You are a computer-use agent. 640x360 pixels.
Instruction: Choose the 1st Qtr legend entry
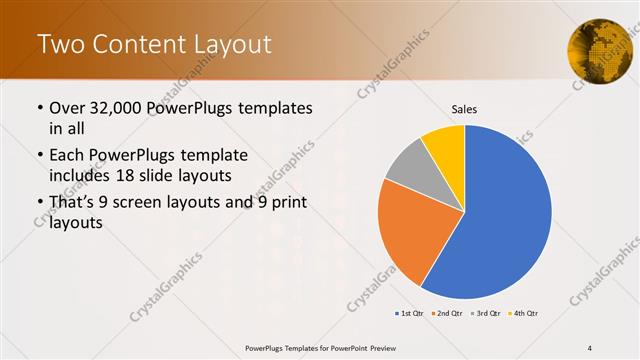coord(408,314)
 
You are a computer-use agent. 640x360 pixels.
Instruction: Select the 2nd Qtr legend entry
coord(445,314)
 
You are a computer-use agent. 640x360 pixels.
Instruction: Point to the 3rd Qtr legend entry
coord(485,314)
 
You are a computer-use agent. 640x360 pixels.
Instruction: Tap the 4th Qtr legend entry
coord(523,314)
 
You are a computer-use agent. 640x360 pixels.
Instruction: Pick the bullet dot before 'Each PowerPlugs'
coord(39,156)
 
